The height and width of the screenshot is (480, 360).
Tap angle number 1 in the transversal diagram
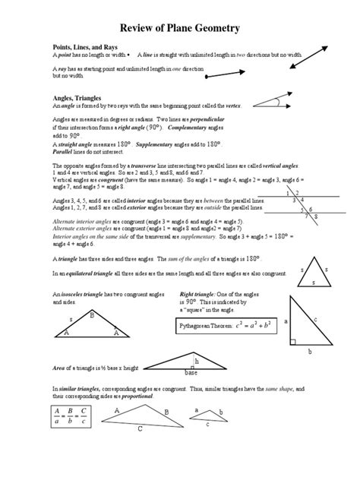click(x=287, y=193)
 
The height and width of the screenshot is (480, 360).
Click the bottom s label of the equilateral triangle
click(x=314, y=281)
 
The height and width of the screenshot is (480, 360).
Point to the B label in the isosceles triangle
click(x=92, y=315)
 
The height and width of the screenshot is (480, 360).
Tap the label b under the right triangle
click(x=309, y=353)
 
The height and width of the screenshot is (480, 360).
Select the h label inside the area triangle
click(x=197, y=362)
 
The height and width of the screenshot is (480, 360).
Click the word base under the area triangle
click(x=191, y=374)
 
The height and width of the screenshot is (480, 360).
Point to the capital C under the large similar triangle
click(x=139, y=428)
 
